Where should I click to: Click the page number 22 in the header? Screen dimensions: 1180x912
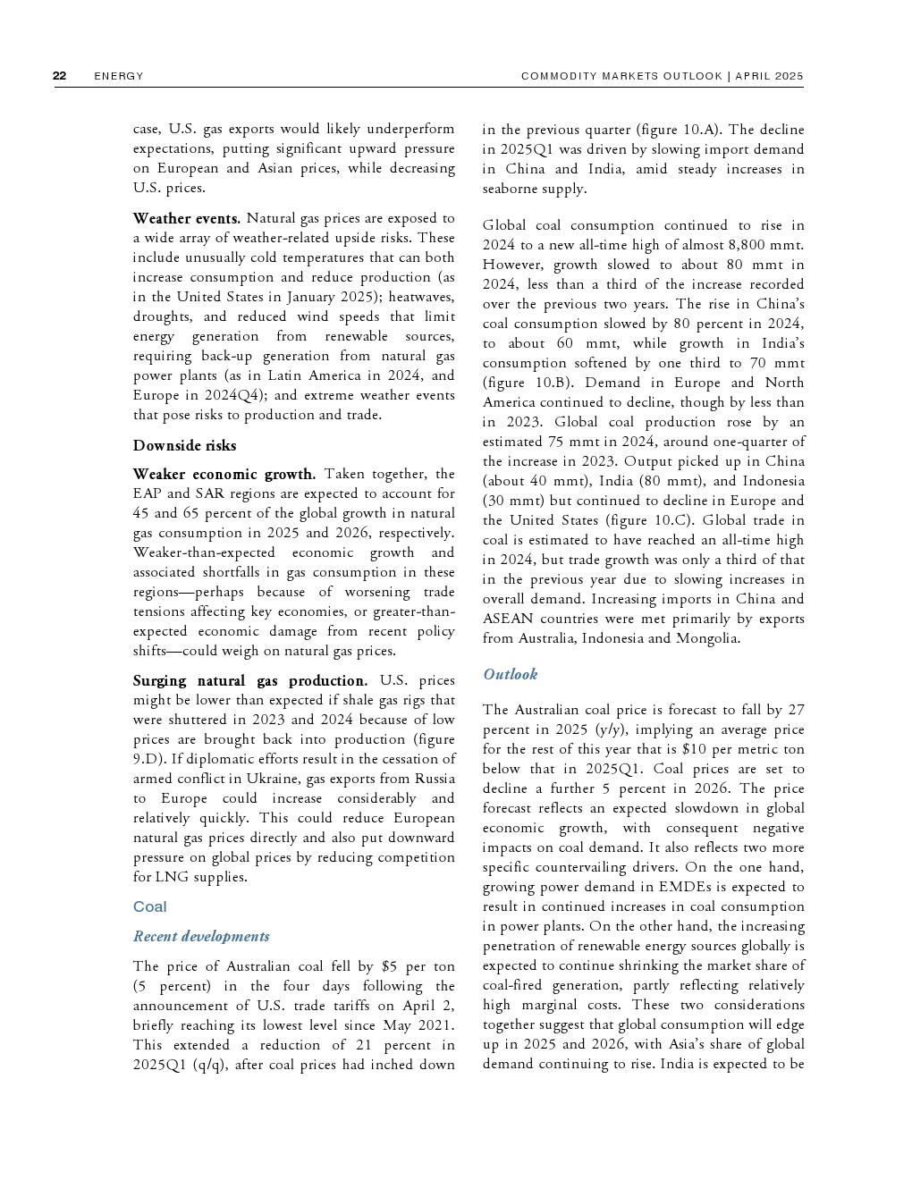click(60, 76)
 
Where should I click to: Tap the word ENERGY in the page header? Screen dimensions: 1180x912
click(119, 76)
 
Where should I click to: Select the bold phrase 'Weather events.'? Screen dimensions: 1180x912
click(186, 218)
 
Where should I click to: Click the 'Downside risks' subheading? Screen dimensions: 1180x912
click(184, 445)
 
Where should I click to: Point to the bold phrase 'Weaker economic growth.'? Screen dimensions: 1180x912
click(224, 474)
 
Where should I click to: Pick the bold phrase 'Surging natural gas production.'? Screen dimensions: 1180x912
click(249, 680)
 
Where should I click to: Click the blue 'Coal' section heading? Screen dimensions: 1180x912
click(150, 906)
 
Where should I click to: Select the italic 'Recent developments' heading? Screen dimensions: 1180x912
click(201, 936)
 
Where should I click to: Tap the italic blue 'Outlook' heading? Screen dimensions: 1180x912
click(511, 674)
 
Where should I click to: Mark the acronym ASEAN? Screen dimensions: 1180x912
click(508, 619)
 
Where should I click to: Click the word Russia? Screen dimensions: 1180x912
click(435, 779)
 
